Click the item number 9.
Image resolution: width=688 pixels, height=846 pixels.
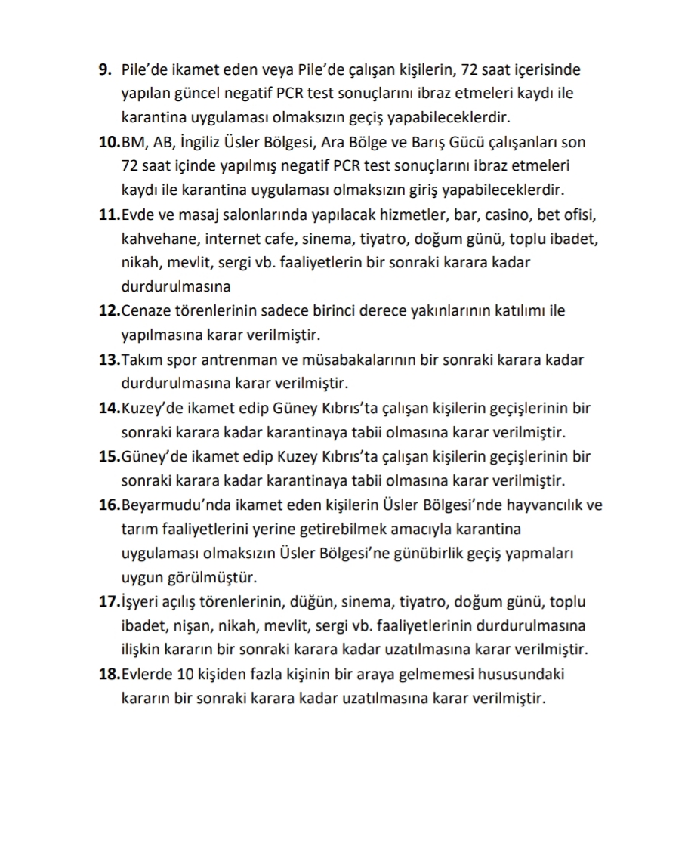[x=106, y=70]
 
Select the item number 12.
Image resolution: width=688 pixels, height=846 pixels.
[x=109, y=311]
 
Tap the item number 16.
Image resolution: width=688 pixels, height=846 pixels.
[x=109, y=505]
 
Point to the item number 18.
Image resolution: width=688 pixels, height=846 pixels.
[x=109, y=674]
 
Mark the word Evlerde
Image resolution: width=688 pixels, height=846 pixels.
[x=147, y=674]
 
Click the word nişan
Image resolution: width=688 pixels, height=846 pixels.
[x=196, y=626]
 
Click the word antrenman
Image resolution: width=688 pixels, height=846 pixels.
[x=250, y=360]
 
